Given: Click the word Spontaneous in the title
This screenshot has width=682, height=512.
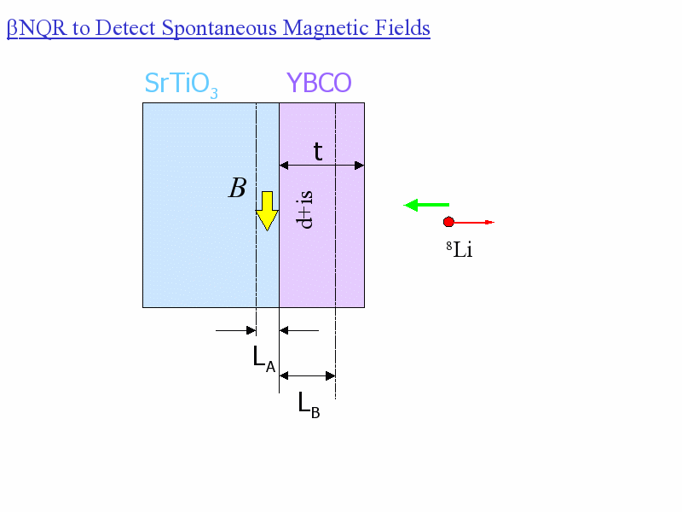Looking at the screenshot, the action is click(x=219, y=29).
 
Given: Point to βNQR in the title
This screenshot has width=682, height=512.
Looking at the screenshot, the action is click(x=37, y=29).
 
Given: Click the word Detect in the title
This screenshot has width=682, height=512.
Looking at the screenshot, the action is click(x=125, y=28).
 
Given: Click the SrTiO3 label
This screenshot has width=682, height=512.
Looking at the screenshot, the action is click(x=181, y=84).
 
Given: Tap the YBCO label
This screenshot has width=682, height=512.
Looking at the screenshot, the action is click(x=319, y=83).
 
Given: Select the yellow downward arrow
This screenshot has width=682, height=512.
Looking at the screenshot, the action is click(x=267, y=211).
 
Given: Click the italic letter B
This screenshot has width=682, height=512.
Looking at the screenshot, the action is click(x=238, y=188).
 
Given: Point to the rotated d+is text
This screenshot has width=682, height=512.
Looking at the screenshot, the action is click(x=304, y=209).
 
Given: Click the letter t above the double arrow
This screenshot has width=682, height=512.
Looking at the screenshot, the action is click(x=318, y=151).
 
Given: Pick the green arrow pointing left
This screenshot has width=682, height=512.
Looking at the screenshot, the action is click(x=426, y=205).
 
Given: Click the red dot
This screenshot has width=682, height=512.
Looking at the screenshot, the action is click(x=448, y=222).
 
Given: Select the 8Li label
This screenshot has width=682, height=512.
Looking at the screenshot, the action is click(x=459, y=250).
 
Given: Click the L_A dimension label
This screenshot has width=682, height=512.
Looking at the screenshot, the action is click(x=264, y=358).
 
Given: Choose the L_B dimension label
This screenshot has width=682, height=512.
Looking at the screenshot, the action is click(x=309, y=404).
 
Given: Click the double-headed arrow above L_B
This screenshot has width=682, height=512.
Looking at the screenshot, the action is click(x=307, y=375).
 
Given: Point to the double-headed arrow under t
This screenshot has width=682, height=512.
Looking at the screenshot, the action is click(x=322, y=166).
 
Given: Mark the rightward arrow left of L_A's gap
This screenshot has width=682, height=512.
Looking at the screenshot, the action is click(x=236, y=330).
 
